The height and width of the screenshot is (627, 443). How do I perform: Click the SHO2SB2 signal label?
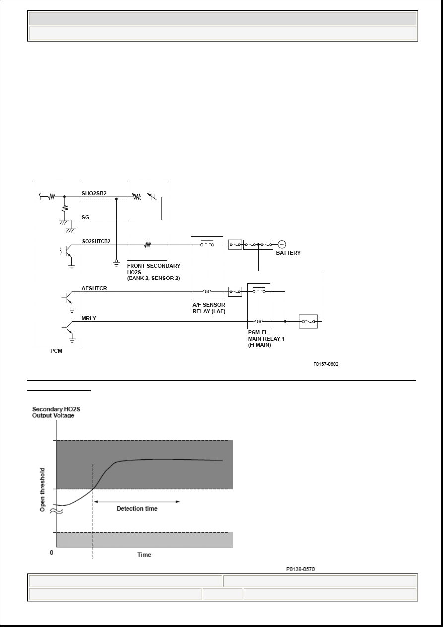pyautogui.click(x=94, y=193)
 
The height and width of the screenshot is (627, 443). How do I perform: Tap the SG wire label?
pyautogui.click(x=86, y=217)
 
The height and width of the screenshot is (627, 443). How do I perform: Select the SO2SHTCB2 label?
pyautogui.click(x=96, y=241)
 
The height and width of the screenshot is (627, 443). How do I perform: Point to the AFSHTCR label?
pyautogui.click(x=94, y=288)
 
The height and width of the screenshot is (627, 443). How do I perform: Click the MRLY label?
pyautogui.click(x=89, y=318)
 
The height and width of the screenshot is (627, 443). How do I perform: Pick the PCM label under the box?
pyautogui.click(x=56, y=351)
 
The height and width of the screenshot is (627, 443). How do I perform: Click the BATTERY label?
pyautogui.click(x=288, y=253)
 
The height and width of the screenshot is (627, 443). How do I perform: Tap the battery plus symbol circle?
pyautogui.click(x=282, y=244)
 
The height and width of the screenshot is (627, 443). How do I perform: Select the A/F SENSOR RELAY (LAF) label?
pyautogui.click(x=209, y=308)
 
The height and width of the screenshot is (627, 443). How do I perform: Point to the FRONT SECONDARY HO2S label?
pyautogui.click(x=154, y=272)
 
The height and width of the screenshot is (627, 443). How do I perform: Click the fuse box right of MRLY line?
pyautogui.click(x=308, y=321)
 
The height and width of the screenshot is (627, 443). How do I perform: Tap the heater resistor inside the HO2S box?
pyautogui.click(x=148, y=245)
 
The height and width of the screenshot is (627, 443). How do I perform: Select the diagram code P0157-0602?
pyautogui.click(x=326, y=364)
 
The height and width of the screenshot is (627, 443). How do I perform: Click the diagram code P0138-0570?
pyautogui.click(x=300, y=569)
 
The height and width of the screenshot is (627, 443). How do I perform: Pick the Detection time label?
pyautogui.click(x=137, y=508)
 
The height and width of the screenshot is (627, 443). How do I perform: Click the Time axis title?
pyautogui.click(x=144, y=555)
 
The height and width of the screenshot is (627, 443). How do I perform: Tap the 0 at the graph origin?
pyautogui.click(x=52, y=552)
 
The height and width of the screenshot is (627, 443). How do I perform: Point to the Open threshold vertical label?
pyautogui.click(x=42, y=489)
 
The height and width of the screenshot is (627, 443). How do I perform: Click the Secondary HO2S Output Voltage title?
pyautogui.click(x=56, y=412)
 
